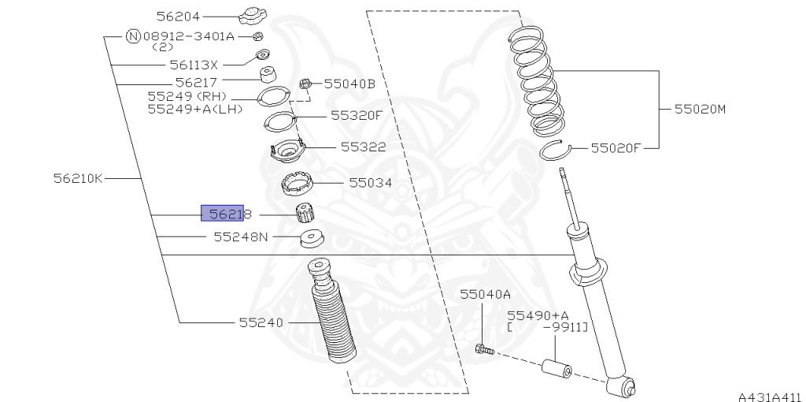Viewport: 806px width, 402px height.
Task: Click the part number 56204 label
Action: click(x=178, y=17)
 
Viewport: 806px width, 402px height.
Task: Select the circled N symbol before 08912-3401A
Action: click(x=133, y=36)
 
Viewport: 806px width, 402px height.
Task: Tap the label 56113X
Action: click(x=194, y=65)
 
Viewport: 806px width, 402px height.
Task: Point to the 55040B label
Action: click(x=349, y=84)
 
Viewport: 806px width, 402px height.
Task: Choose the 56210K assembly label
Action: click(x=78, y=178)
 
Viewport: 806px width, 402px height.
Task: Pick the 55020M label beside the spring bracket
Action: click(x=700, y=109)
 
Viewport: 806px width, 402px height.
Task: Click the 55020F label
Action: click(x=616, y=148)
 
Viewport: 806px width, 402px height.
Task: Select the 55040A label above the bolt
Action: click(x=485, y=294)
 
